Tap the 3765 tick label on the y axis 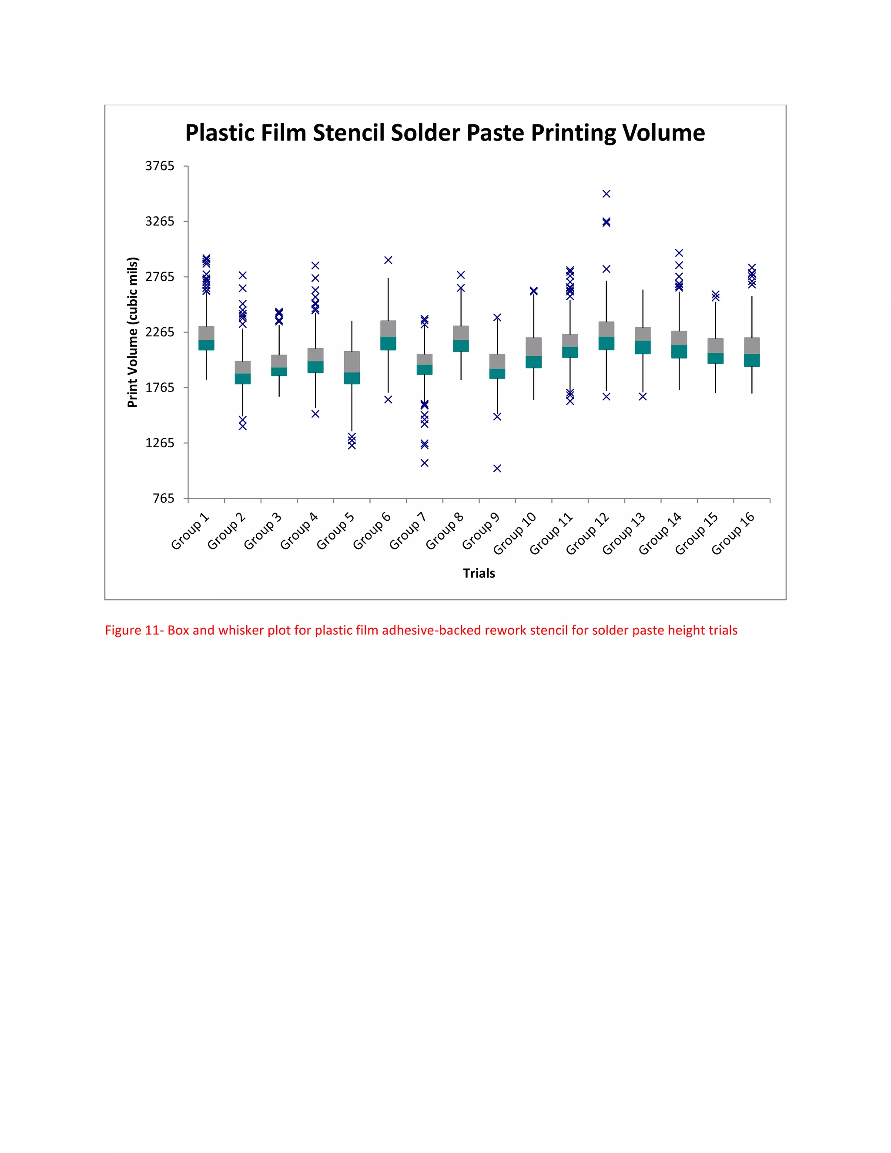click(x=159, y=166)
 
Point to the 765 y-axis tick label click(x=163, y=498)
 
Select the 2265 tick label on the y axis click(x=159, y=332)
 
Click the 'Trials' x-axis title click(x=479, y=573)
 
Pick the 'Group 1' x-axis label click(x=190, y=531)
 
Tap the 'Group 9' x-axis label click(x=480, y=531)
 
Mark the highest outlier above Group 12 click(x=606, y=194)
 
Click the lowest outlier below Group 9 click(x=497, y=468)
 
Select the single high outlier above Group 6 click(x=388, y=260)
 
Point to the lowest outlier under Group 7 click(x=424, y=463)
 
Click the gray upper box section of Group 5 click(x=352, y=362)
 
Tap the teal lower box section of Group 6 click(x=388, y=343)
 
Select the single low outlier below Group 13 click(x=643, y=396)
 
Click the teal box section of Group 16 click(x=752, y=360)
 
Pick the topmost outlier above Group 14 click(x=679, y=253)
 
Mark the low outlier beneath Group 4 click(x=315, y=414)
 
